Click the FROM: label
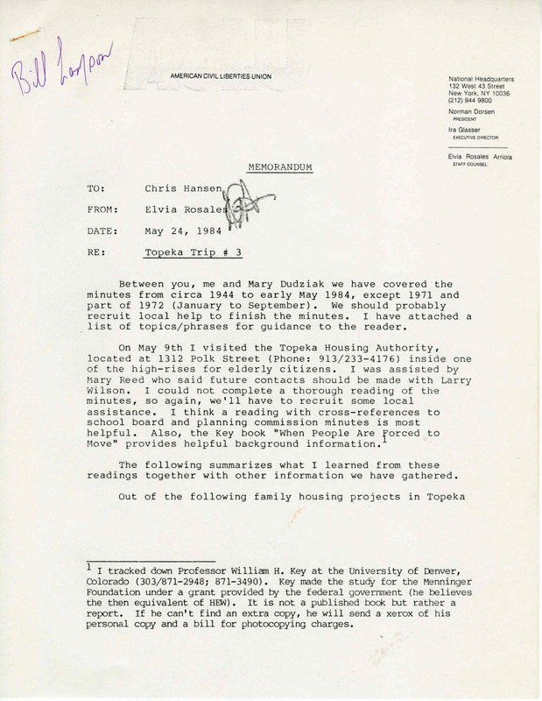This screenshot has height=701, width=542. [103, 209]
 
